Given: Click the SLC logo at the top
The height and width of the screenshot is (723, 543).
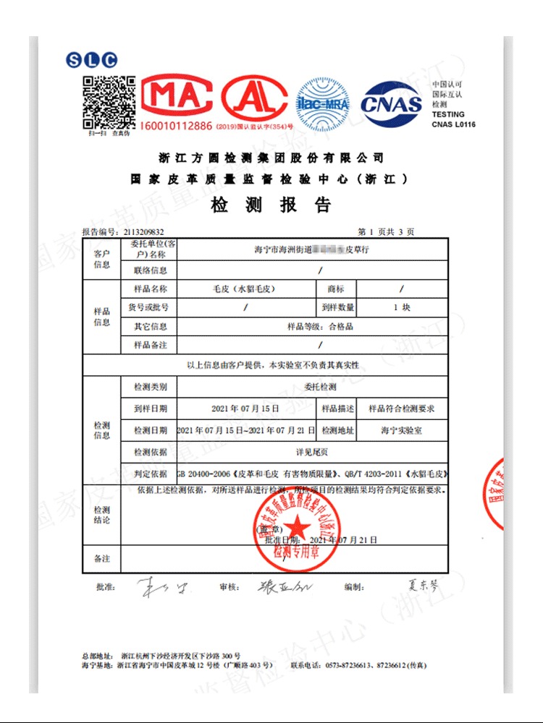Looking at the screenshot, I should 91,61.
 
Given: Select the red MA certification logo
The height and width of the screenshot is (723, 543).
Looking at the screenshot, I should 177,97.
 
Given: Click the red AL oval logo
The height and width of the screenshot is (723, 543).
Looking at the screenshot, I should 254,97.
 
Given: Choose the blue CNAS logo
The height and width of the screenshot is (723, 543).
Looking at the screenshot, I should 391,105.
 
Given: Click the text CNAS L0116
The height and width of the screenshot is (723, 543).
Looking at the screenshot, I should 453,125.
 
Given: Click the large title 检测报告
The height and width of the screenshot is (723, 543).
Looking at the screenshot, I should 271,205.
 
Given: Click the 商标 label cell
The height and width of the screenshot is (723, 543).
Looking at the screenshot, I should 336,288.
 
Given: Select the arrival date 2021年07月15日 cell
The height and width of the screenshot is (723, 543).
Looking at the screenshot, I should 245,408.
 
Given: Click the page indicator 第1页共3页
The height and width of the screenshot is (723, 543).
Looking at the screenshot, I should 387,232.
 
